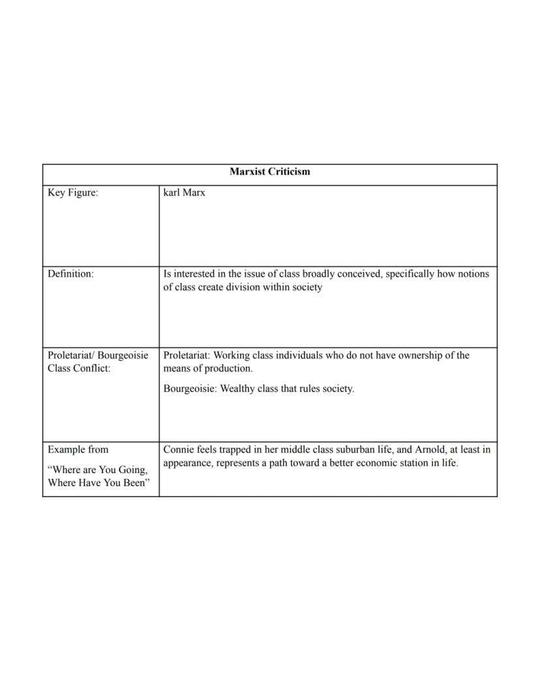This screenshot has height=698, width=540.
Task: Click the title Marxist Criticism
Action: point(269,172)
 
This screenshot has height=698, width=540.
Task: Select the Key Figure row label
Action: point(73,193)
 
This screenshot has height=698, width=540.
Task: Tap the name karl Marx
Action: point(184,193)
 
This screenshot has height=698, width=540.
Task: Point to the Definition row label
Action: point(70,274)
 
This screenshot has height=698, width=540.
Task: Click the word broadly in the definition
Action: point(320,274)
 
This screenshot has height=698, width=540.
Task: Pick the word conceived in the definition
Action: point(361,274)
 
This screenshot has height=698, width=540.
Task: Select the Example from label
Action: point(78,450)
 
